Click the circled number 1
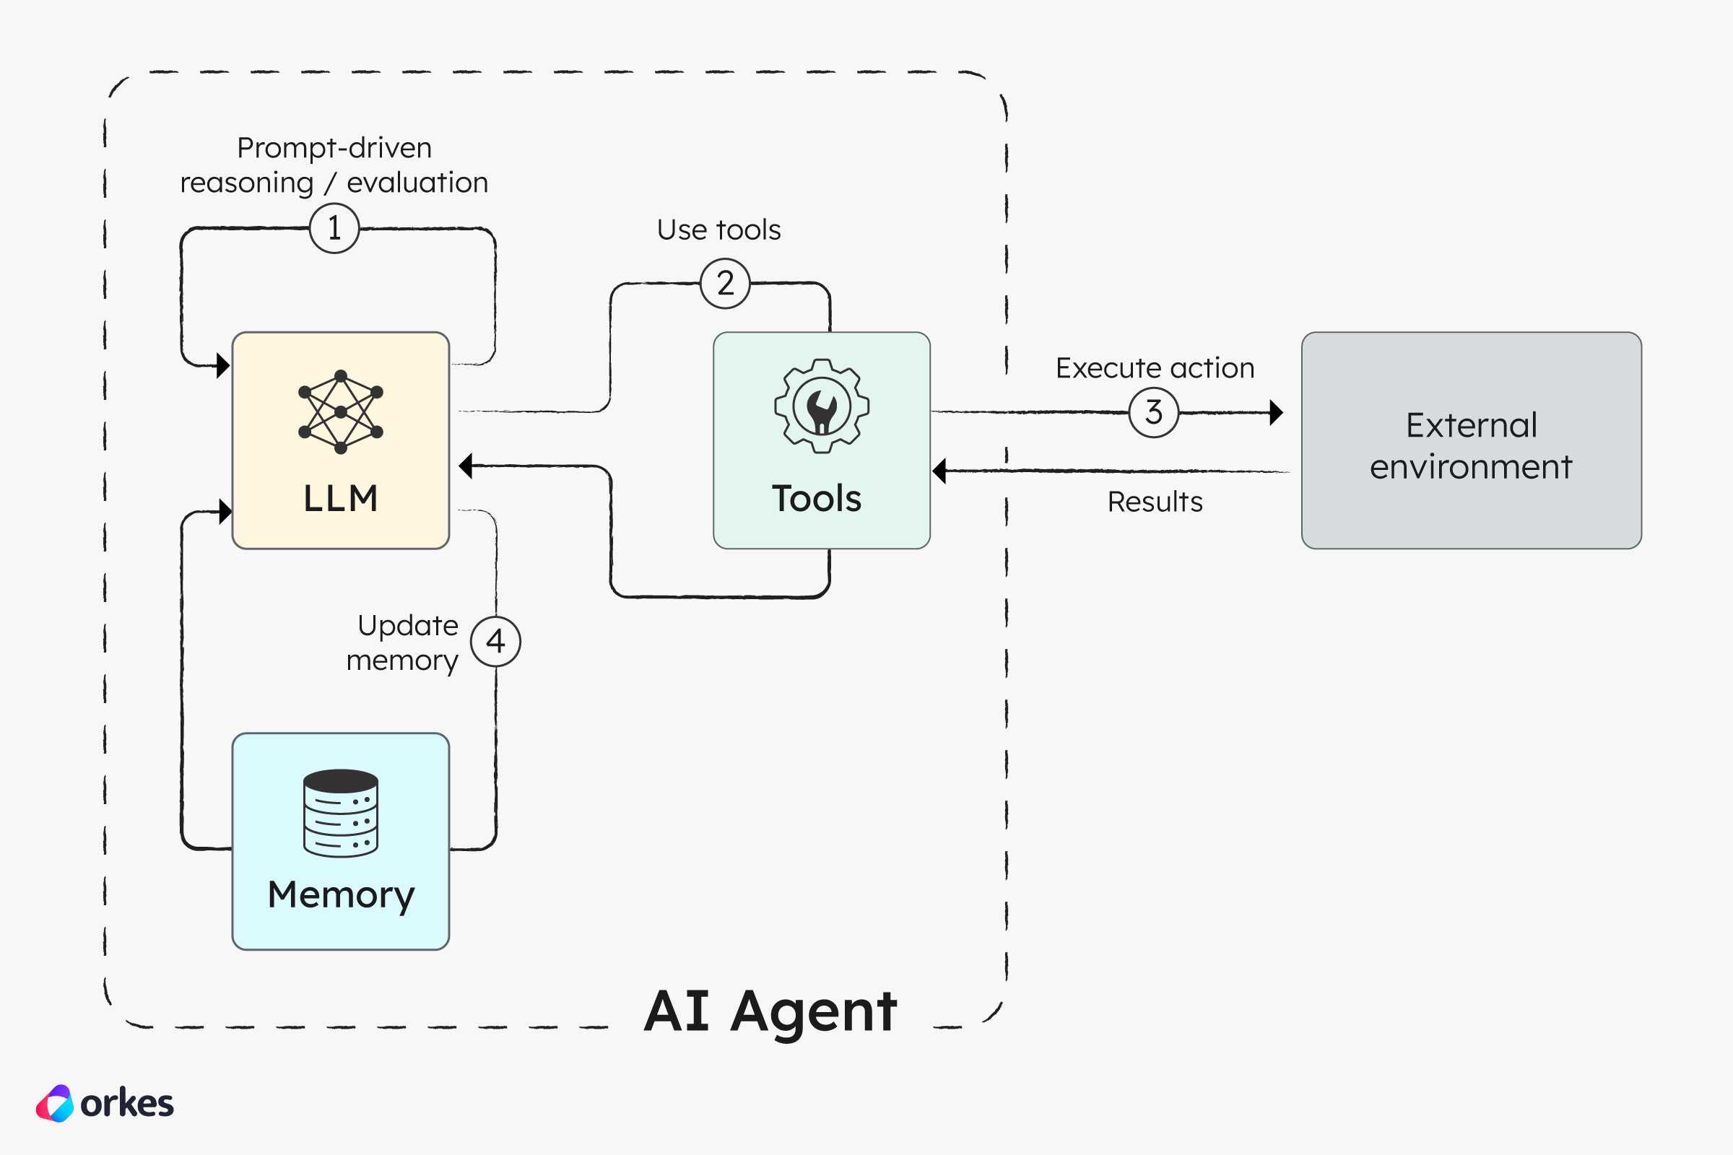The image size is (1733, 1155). pos(334,228)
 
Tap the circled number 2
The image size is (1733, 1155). pos(725,284)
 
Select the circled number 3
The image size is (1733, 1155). pos(1154,412)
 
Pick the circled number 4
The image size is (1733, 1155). pos(496,642)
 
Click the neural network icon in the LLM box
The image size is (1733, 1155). pos(340,411)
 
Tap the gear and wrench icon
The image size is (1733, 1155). pos(822,406)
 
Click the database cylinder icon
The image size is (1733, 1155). pos(340,814)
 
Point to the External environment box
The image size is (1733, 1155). pos(1472,440)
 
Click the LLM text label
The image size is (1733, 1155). pos(340,499)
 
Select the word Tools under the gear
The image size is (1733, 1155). pos(817,499)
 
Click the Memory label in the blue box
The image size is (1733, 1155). pos(341,896)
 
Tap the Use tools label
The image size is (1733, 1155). pos(718,230)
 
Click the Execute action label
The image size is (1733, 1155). pos(1155,367)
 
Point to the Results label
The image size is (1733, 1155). pos(1155,502)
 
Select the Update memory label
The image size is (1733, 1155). pos(402,643)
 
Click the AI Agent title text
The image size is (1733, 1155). pos(770,1012)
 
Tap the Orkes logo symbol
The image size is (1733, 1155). pos(56,1104)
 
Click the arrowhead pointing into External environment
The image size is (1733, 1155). pos(1277,412)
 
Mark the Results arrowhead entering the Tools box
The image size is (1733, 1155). pos(939,471)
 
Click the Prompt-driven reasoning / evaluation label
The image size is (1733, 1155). pos(334,165)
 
